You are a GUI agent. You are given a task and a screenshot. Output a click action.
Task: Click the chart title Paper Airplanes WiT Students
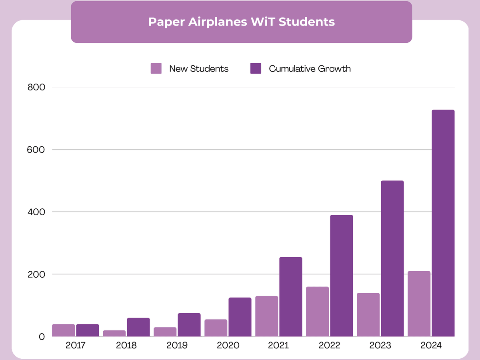[x=241, y=22]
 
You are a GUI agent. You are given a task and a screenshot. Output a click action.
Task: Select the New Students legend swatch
[x=156, y=68]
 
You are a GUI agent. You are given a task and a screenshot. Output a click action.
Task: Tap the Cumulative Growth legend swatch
[x=256, y=68]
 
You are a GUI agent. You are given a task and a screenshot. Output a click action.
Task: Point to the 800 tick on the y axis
[x=36, y=87]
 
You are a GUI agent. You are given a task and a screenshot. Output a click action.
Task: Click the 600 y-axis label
[x=36, y=150]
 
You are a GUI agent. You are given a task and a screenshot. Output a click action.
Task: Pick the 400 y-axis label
[x=36, y=212]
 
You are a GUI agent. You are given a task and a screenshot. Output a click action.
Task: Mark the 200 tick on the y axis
[x=36, y=274]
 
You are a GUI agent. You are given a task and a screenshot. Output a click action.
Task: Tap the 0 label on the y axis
[x=42, y=337]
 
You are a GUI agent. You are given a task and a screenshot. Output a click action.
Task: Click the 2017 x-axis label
[x=75, y=345]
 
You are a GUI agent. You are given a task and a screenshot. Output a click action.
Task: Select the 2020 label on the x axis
[x=228, y=345]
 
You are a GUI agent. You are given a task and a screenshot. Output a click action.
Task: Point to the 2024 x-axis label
[x=431, y=345]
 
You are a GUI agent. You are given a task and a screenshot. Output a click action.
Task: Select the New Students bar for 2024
[x=419, y=304]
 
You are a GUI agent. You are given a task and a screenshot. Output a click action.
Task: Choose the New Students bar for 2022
[x=318, y=312]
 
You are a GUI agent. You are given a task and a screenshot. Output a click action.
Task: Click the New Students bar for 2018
[x=114, y=333]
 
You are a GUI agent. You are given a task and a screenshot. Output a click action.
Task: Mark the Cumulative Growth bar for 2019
[x=189, y=325]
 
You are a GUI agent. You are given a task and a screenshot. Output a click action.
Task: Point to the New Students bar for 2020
[x=216, y=328]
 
